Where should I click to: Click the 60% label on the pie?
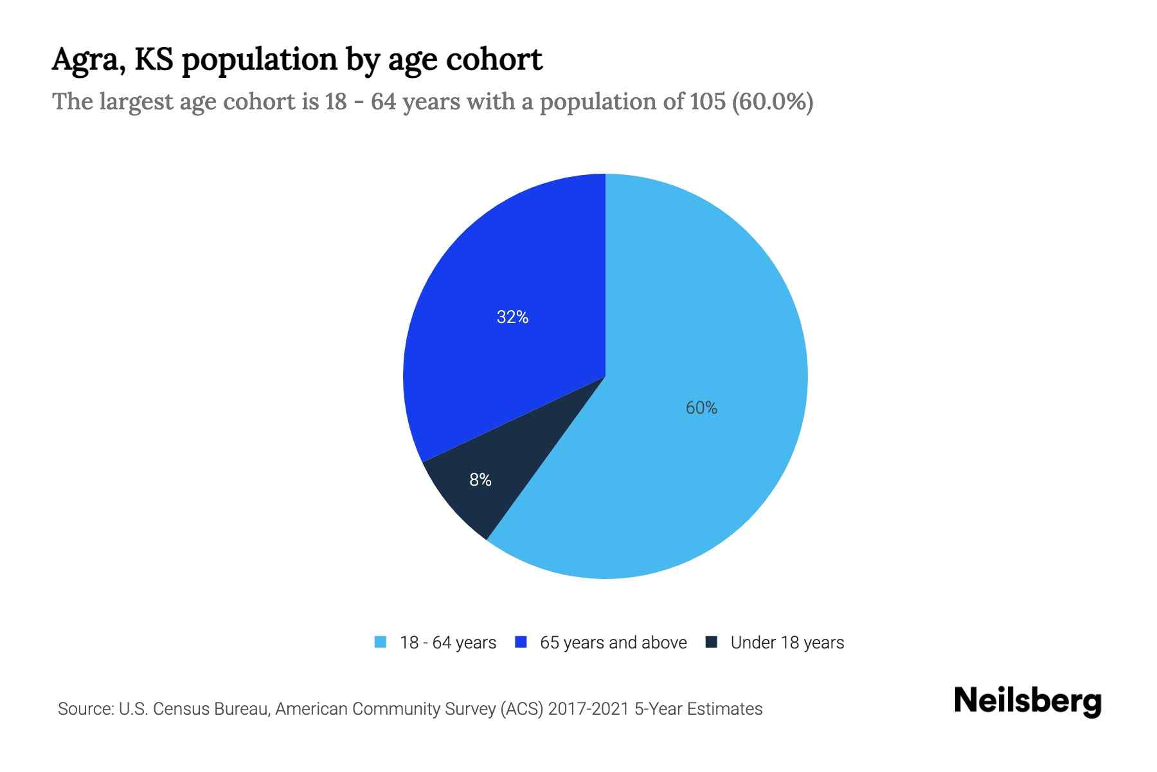click(x=701, y=408)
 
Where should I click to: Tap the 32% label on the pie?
click(x=512, y=317)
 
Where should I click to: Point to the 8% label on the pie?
click(x=480, y=480)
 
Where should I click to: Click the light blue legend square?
click(x=381, y=642)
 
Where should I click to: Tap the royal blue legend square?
click(x=521, y=642)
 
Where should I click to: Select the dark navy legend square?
click(x=712, y=642)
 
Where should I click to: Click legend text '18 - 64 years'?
click(x=448, y=643)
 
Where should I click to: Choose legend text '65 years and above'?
click(x=613, y=643)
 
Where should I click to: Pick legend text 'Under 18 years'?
click(x=787, y=643)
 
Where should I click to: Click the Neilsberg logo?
click(x=1027, y=701)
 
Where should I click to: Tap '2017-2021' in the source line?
click(x=588, y=709)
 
